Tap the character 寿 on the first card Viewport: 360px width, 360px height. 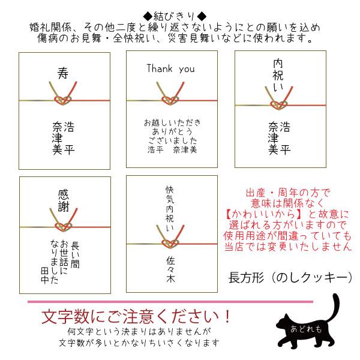(x=63, y=74)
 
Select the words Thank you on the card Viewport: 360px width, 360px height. (x=170, y=68)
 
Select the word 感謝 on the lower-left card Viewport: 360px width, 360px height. (x=64, y=198)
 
